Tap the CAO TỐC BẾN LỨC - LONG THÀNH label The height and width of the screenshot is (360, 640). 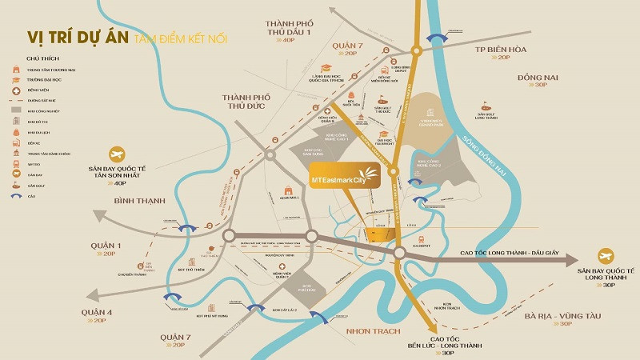(447, 342)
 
